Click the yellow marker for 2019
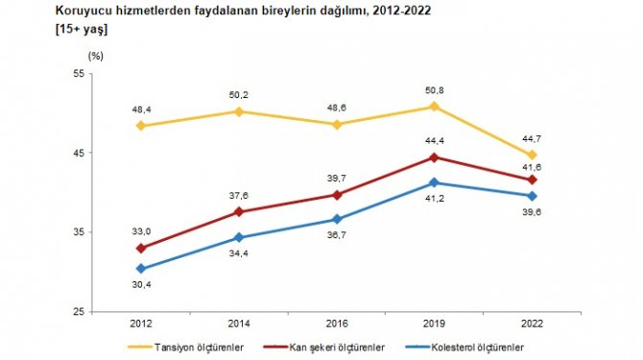click(x=434, y=107)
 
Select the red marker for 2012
click(x=142, y=248)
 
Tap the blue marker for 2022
click(x=532, y=196)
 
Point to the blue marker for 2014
click(x=239, y=237)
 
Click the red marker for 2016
click(x=336, y=195)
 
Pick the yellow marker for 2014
click(x=239, y=111)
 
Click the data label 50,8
click(x=434, y=89)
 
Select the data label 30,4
click(x=142, y=285)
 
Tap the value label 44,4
click(x=434, y=140)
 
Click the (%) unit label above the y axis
click(x=94, y=56)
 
